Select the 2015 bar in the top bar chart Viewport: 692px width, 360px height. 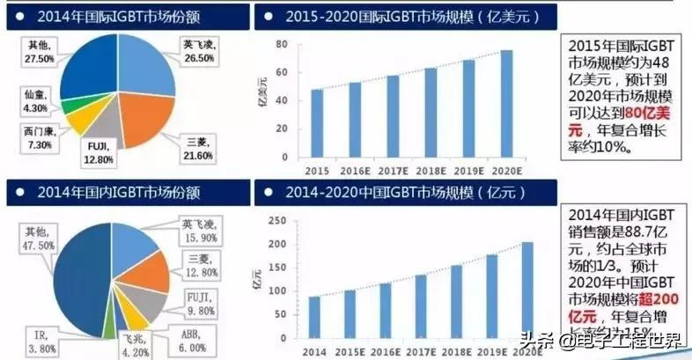coord(317,123)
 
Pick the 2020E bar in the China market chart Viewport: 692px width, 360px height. coord(526,291)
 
